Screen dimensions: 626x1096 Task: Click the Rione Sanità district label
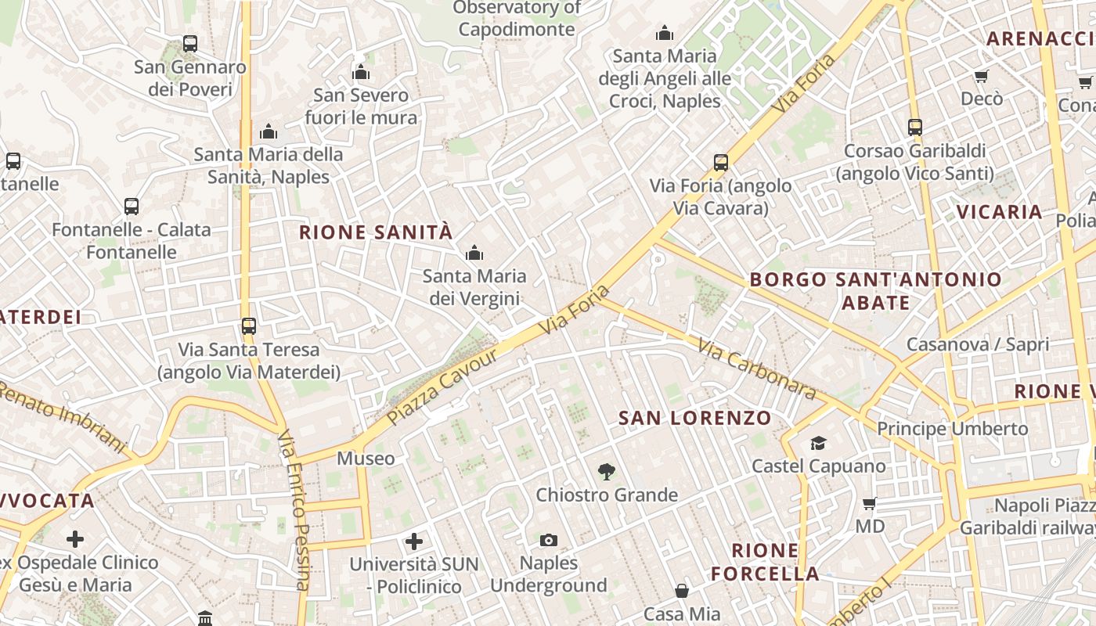pyautogui.click(x=376, y=232)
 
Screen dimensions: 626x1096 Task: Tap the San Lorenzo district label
pyautogui.click(x=695, y=418)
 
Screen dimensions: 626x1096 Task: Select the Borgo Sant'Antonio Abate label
pyautogui.click(x=875, y=290)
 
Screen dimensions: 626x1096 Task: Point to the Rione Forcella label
pyautogui.click(x=765, y=562)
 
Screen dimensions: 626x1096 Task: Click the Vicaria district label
pyautogui.click(x=999, y=212)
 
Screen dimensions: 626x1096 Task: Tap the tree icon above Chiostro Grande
pyautogui.click(x=606, y=472)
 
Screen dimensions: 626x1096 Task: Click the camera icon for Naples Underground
pyautogui.click(x=549, y=540)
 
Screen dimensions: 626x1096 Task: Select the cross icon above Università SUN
pyautogui.click(x=414, y=541)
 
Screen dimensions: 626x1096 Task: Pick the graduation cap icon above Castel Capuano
pyautogui.click(x=818, y=444)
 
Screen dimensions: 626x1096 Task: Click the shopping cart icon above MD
pyautogui.click(x=869, y=503)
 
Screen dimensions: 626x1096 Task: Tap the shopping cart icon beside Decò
pyautogui.click(x=981, y=76)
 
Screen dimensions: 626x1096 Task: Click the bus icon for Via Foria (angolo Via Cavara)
pyautogui.click(x=721, y=163)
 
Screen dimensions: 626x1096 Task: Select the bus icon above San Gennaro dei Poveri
pyautogui.click(x=190, y=44)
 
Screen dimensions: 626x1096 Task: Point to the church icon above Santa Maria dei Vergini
pyautogui.click(x=474, y=253)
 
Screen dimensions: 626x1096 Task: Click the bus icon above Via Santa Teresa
pyautogui.click(x=249, y=326)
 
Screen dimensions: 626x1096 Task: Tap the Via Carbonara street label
pyautogui.click(x=756, y=369)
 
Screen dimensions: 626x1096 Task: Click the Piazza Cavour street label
pyautogui.click(x=442, y=387)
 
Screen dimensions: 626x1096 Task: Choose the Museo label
pyautogui.click(x=366, y=459)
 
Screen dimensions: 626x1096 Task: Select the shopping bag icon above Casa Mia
pyautogui.click(x=682, y=590)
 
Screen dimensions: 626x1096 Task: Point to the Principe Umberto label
pyautogui.click(x=952, y=429)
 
